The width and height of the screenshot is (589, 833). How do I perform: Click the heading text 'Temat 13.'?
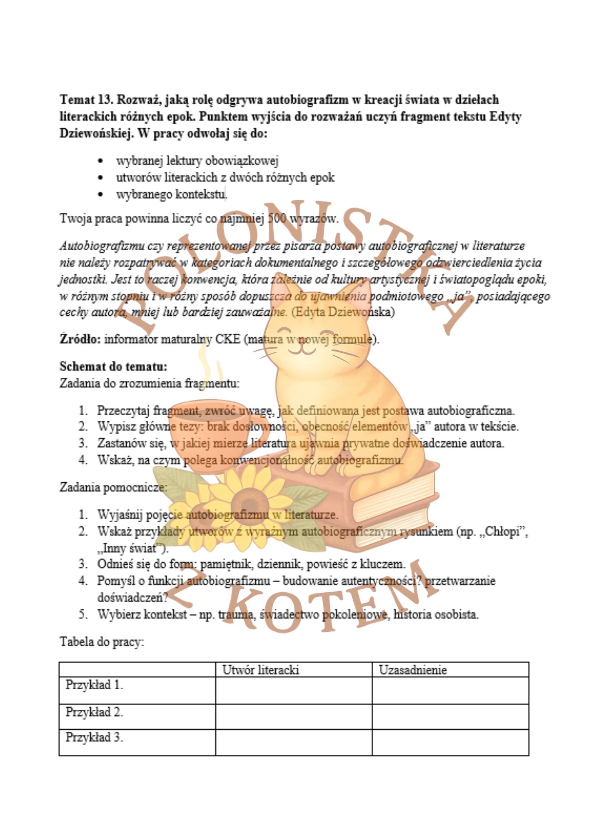tap(86, 100)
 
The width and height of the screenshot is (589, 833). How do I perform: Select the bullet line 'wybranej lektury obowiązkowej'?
tap(197, 160)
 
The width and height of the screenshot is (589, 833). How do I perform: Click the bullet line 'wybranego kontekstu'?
tap(171, 194)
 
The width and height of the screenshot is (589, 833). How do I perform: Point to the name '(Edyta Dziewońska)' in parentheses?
tap(342, 312)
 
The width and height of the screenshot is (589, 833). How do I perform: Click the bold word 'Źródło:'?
tap(80, 339)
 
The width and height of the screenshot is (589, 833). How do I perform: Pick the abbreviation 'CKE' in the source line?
tap(227, 339)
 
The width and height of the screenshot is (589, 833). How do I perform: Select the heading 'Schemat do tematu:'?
tap(113, 367)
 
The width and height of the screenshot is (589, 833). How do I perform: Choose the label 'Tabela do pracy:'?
tap(102, 642)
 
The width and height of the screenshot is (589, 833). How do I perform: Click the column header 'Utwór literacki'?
tap(261, 670)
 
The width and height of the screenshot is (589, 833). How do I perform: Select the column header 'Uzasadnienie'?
tap(412, 670)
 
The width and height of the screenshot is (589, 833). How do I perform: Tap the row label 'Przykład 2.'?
tap(94, 713)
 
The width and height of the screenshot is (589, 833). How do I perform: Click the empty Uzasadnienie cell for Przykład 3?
tap(450, 743)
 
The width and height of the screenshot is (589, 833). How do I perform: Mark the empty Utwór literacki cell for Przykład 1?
tap(294, 690)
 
